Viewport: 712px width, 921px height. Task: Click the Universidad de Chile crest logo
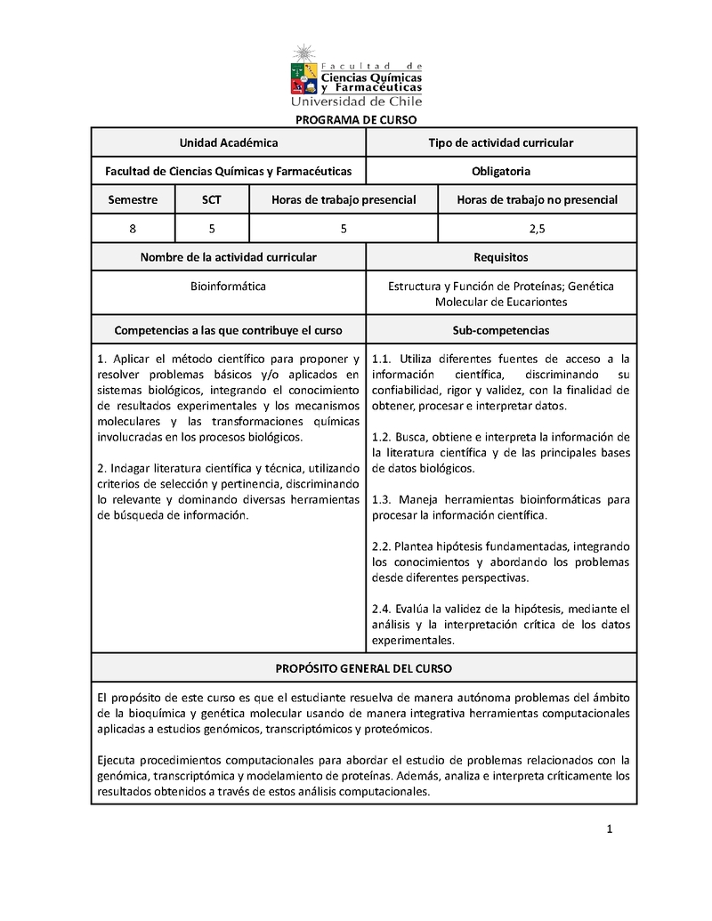[303, 71]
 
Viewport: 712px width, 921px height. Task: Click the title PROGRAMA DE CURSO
[356, 120]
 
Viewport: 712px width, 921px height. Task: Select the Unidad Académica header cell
[229, 142]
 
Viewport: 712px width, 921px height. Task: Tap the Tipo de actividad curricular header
[501, 142]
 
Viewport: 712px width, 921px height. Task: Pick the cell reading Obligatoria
[501, 171]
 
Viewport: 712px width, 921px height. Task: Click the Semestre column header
[133, 200]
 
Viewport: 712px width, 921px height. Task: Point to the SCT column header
[212, 200]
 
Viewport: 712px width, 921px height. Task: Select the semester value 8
[133, 229]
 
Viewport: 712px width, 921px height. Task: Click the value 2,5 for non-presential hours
[537, 229]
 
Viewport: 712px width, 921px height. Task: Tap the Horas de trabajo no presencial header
[537, 200]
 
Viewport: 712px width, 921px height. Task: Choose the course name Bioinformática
[229, 286]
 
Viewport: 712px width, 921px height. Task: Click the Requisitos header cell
[501, 257]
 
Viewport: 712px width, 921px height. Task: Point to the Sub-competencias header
[501, 330]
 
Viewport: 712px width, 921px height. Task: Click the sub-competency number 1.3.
[383, 499]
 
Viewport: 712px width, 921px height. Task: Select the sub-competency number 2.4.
[383, 609]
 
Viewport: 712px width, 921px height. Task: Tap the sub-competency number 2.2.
[382, 545]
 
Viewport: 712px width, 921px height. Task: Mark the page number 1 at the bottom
[610, 830]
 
